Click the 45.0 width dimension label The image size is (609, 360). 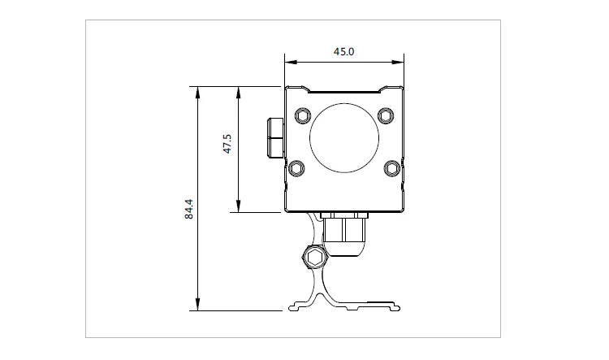(x=343, y=52)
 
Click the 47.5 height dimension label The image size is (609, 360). (x=227, y=144)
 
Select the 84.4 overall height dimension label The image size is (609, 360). (x=188, y=209)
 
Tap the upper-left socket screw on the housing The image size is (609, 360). (x=303, y=116)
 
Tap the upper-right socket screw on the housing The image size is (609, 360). (x=386, y=116)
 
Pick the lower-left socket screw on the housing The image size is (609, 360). (x=296, y=168)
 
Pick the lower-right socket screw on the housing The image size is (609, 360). (x=392, y=168)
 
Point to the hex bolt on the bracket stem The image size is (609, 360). (x=314, y=258)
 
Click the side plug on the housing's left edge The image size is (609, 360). (x=276, y=137)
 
